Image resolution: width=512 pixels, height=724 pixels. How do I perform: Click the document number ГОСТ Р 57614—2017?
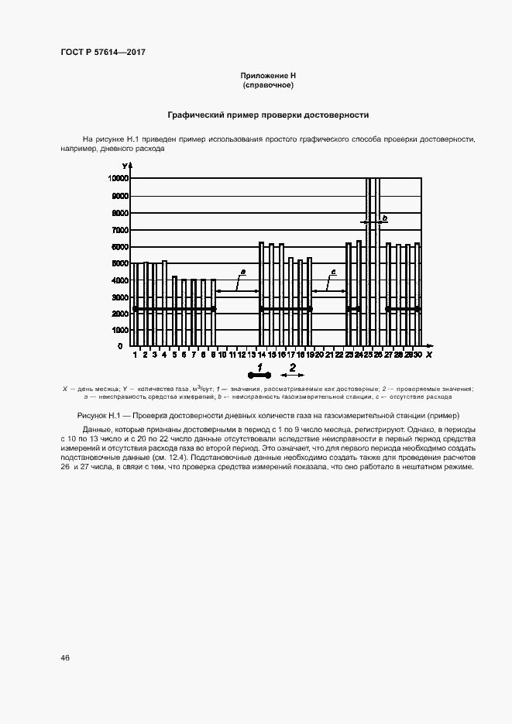pyautogui.click(x=103, y=52)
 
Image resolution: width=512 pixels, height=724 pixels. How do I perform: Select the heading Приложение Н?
pyautogui.click(x=269, y=75)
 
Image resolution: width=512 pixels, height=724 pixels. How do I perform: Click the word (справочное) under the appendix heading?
pyautogui.click(x=269, y=84)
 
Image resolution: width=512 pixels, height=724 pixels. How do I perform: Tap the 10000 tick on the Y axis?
pyautogui.click(x=119, y=178)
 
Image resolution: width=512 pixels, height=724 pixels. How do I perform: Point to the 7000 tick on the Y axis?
pyautogui.click(x=121, y=230)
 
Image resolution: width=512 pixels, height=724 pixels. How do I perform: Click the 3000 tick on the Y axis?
pyautogui.click(x=121, y=297)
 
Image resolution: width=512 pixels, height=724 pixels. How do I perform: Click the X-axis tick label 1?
pyautogui.click(x=136, y=355)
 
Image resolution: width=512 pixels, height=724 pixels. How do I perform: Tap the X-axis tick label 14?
pyautogui.click(x=261, y=355)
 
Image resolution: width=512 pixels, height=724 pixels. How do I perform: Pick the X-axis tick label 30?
pyautogui.click(x=418, y=355)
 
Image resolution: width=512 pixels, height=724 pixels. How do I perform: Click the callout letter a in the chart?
pyautogui.click(x=242, y=272)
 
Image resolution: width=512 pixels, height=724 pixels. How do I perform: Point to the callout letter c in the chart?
pyautogui.click(x=333, y=272)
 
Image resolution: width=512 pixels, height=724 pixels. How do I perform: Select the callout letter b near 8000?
pyautogui.click(x=384, y=219)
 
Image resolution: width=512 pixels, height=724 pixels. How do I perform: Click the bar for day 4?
pyautogui.click(x=164, y=304)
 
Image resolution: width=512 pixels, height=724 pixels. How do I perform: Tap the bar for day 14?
pyautogui.click(x=261, y=294)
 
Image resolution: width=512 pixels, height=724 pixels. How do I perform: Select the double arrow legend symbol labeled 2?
pyautogui.click(x=292, y=373)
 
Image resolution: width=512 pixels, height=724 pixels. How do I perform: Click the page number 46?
pyautogui.click(x=65, y=657)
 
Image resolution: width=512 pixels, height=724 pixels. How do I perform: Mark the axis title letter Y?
pyautogui.click(x=124, y=166)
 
